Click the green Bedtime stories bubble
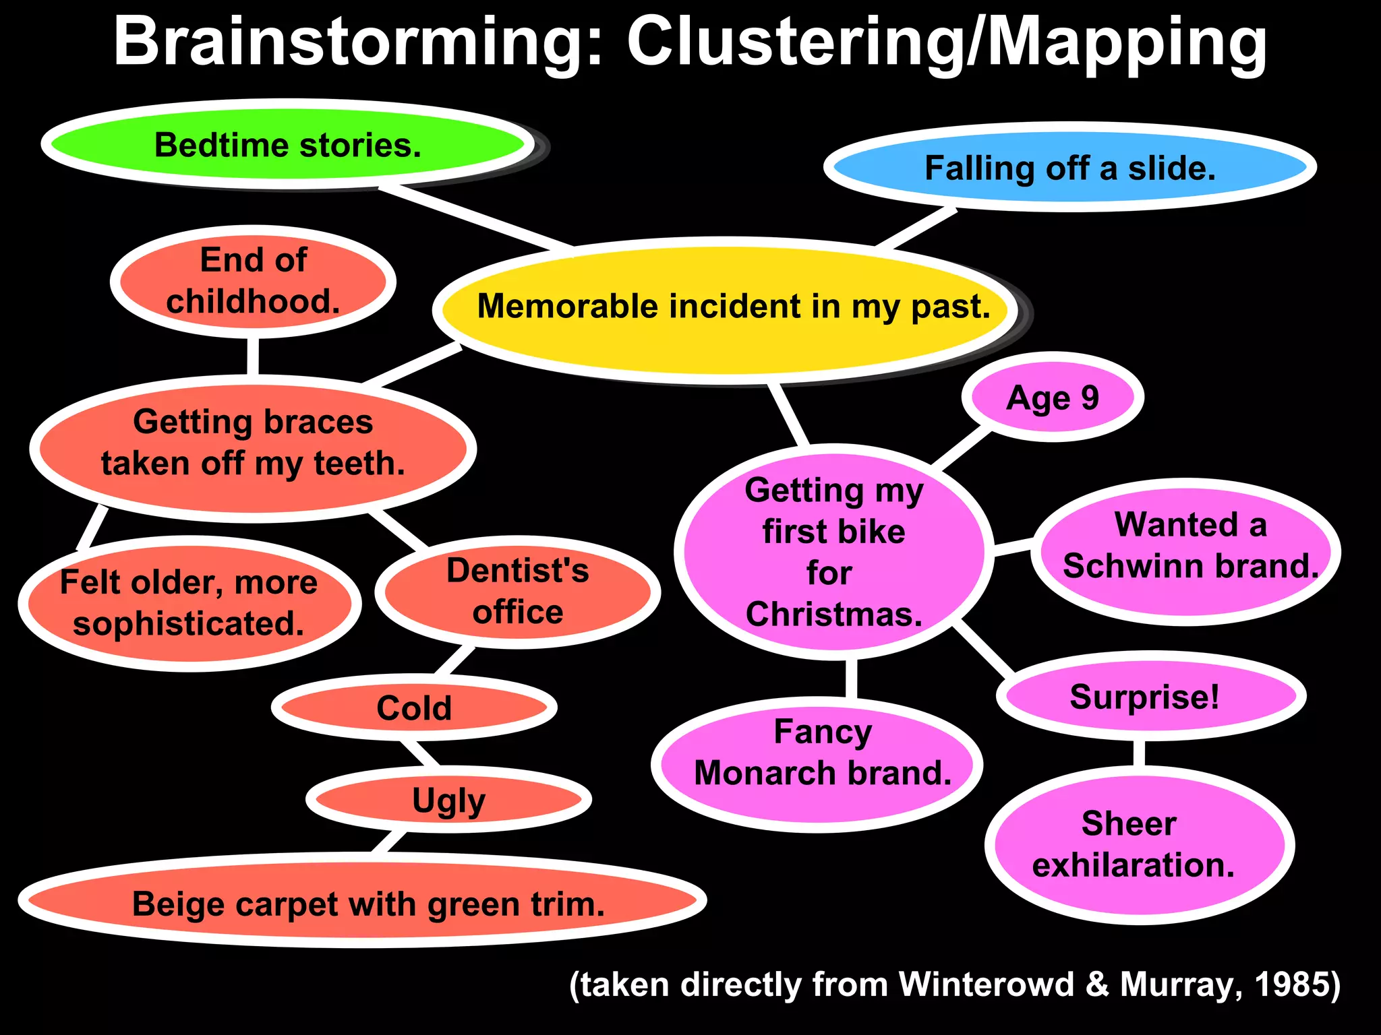(x=288, y=145)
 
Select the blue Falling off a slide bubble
(x=1069, y=168)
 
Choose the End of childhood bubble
(x=253, y=281)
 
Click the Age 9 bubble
(x=1052, y=398)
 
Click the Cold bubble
(x=414, y=708)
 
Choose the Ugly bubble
(x=448, y=800)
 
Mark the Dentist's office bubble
(x=517, y=592)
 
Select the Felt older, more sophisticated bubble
(x=189, y=603)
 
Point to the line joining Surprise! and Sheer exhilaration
(x=1139, y=753)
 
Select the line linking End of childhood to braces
(x=253, y=356)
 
